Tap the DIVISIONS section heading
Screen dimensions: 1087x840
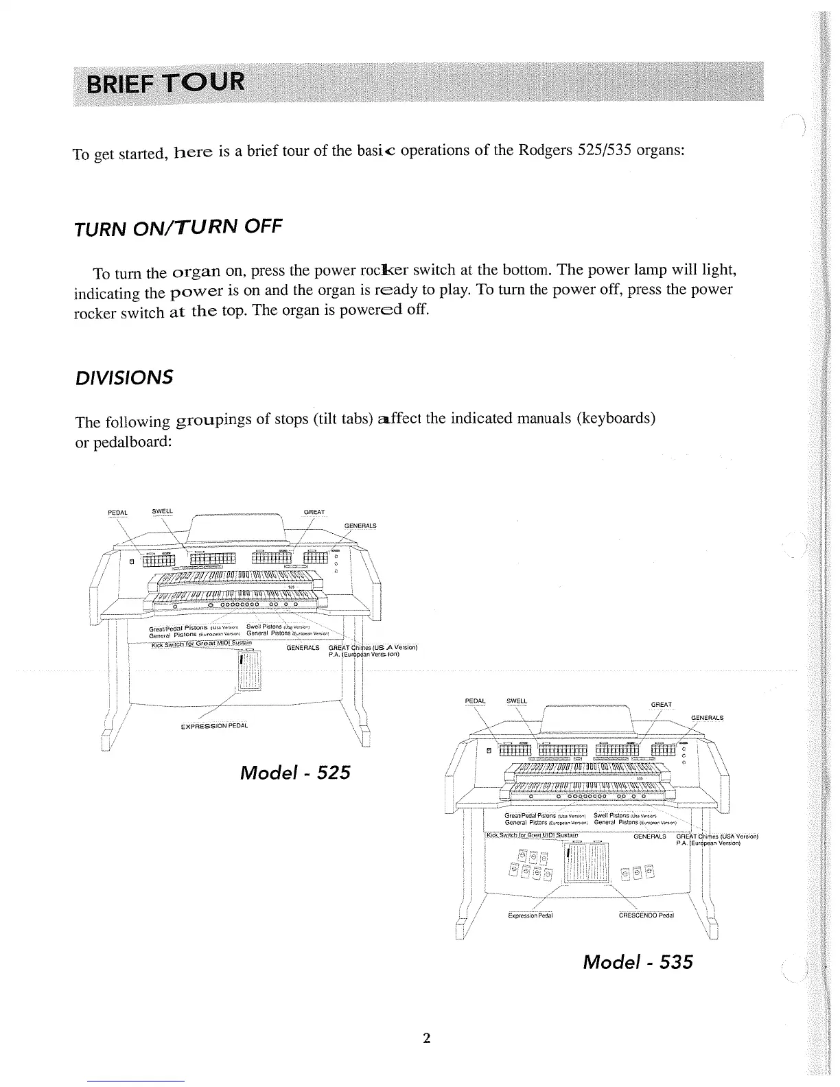tap(124, 377)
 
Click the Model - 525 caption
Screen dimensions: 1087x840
tap(295, 773)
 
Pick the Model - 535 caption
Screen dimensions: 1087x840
tap(637, 962)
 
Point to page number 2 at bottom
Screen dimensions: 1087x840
tap(425, 1038)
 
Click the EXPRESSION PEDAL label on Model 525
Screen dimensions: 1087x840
tap(213, 726)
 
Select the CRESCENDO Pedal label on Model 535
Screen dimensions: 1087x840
tap(646, 915)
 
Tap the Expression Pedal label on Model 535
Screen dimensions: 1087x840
tap(530, 915)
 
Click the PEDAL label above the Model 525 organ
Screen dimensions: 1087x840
tap(118, 512)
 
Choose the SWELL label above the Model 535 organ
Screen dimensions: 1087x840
tap(516, 701)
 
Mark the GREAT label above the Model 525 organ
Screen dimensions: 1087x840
tap(314, 512)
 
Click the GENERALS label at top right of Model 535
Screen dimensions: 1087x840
tap(707, 718)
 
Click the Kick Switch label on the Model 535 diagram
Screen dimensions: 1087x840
tap(532, 835)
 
